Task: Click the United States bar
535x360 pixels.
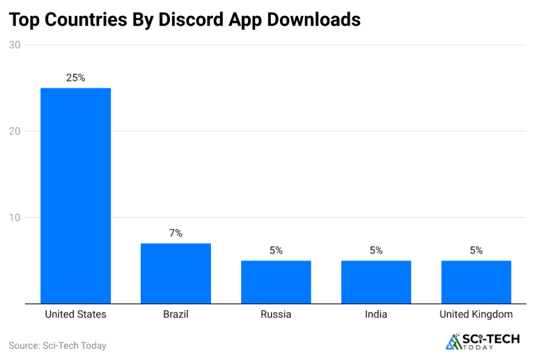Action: pos(75,196)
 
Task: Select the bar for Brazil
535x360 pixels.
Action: pos(176,273)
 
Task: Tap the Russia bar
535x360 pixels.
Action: pos(276,282)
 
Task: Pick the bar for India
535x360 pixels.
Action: pos(376,282)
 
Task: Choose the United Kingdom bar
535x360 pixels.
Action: pos(476,282)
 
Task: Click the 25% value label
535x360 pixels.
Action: pos(75,78)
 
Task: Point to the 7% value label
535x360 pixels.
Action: pos(176,233)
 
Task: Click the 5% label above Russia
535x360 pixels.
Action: pos(276,251)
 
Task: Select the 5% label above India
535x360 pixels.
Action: pos(376,251)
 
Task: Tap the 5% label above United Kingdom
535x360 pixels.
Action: pos(476,251)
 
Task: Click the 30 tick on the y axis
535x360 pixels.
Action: pos(15,45)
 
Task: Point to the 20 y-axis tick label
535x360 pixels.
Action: pos(15,132)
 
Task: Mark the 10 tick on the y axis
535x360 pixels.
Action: pos(15,218)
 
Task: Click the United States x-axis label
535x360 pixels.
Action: pos(75,315)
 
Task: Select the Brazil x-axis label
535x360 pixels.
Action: pos(176,315)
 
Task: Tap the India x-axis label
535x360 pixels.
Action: pos(376,315)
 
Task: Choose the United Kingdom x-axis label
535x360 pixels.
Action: pos(476,315)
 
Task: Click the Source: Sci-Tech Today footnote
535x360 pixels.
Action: pos(57,345)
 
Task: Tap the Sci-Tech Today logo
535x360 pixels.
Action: pos(481,341)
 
